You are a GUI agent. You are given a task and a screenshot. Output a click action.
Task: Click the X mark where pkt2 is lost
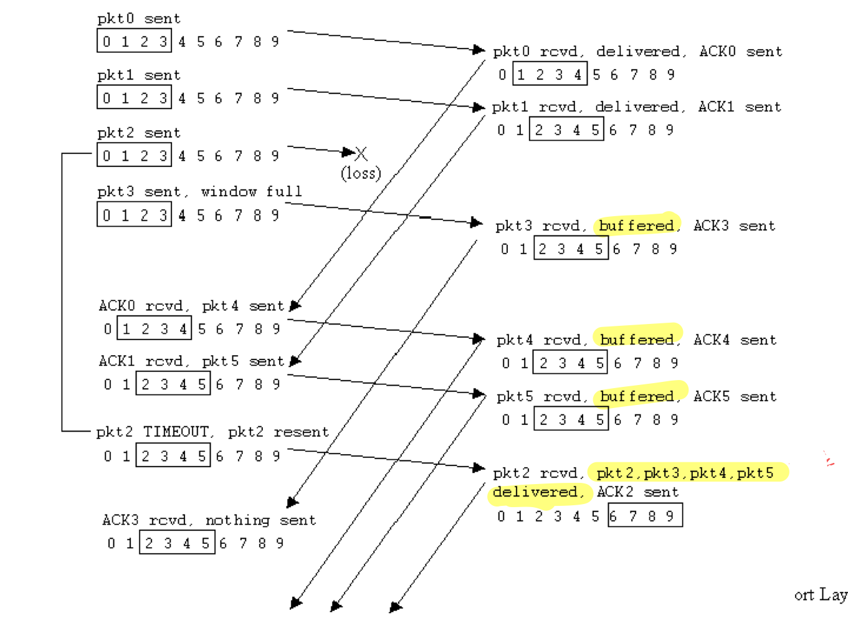[x=361, y=153]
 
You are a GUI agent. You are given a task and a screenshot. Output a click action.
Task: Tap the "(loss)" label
[x=361, y=173]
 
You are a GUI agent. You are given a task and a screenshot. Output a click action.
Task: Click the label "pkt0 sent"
[x=139, y=19]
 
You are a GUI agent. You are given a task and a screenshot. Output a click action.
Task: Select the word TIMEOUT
[x=176, y=432]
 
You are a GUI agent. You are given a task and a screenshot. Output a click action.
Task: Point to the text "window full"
[x=251, y=191]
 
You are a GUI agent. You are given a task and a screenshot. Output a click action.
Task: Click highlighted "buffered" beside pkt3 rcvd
[x=637, y=226]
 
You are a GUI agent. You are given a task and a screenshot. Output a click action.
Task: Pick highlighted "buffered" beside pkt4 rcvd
[x=637, y=340]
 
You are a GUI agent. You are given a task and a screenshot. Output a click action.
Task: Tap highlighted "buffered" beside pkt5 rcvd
[x=637, y=396]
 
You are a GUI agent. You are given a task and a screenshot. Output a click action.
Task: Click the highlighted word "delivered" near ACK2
[x=535, y=492]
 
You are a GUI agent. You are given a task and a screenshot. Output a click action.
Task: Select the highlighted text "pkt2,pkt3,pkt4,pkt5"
[x=685, y=473]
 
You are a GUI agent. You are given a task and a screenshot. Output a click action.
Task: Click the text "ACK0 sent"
[x=740, y=52]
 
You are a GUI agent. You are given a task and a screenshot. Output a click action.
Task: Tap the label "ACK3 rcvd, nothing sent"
[x=209, y=520]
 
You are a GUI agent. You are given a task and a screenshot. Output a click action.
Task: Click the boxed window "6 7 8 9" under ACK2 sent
[x=645, y=516]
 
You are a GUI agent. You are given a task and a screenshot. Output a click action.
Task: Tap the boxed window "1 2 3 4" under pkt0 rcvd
[x=550, y=75]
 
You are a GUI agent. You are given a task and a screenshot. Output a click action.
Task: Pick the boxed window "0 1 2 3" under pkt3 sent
[x=134, y=215]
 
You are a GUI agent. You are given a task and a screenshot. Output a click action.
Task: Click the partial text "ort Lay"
[x=821, y=595]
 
